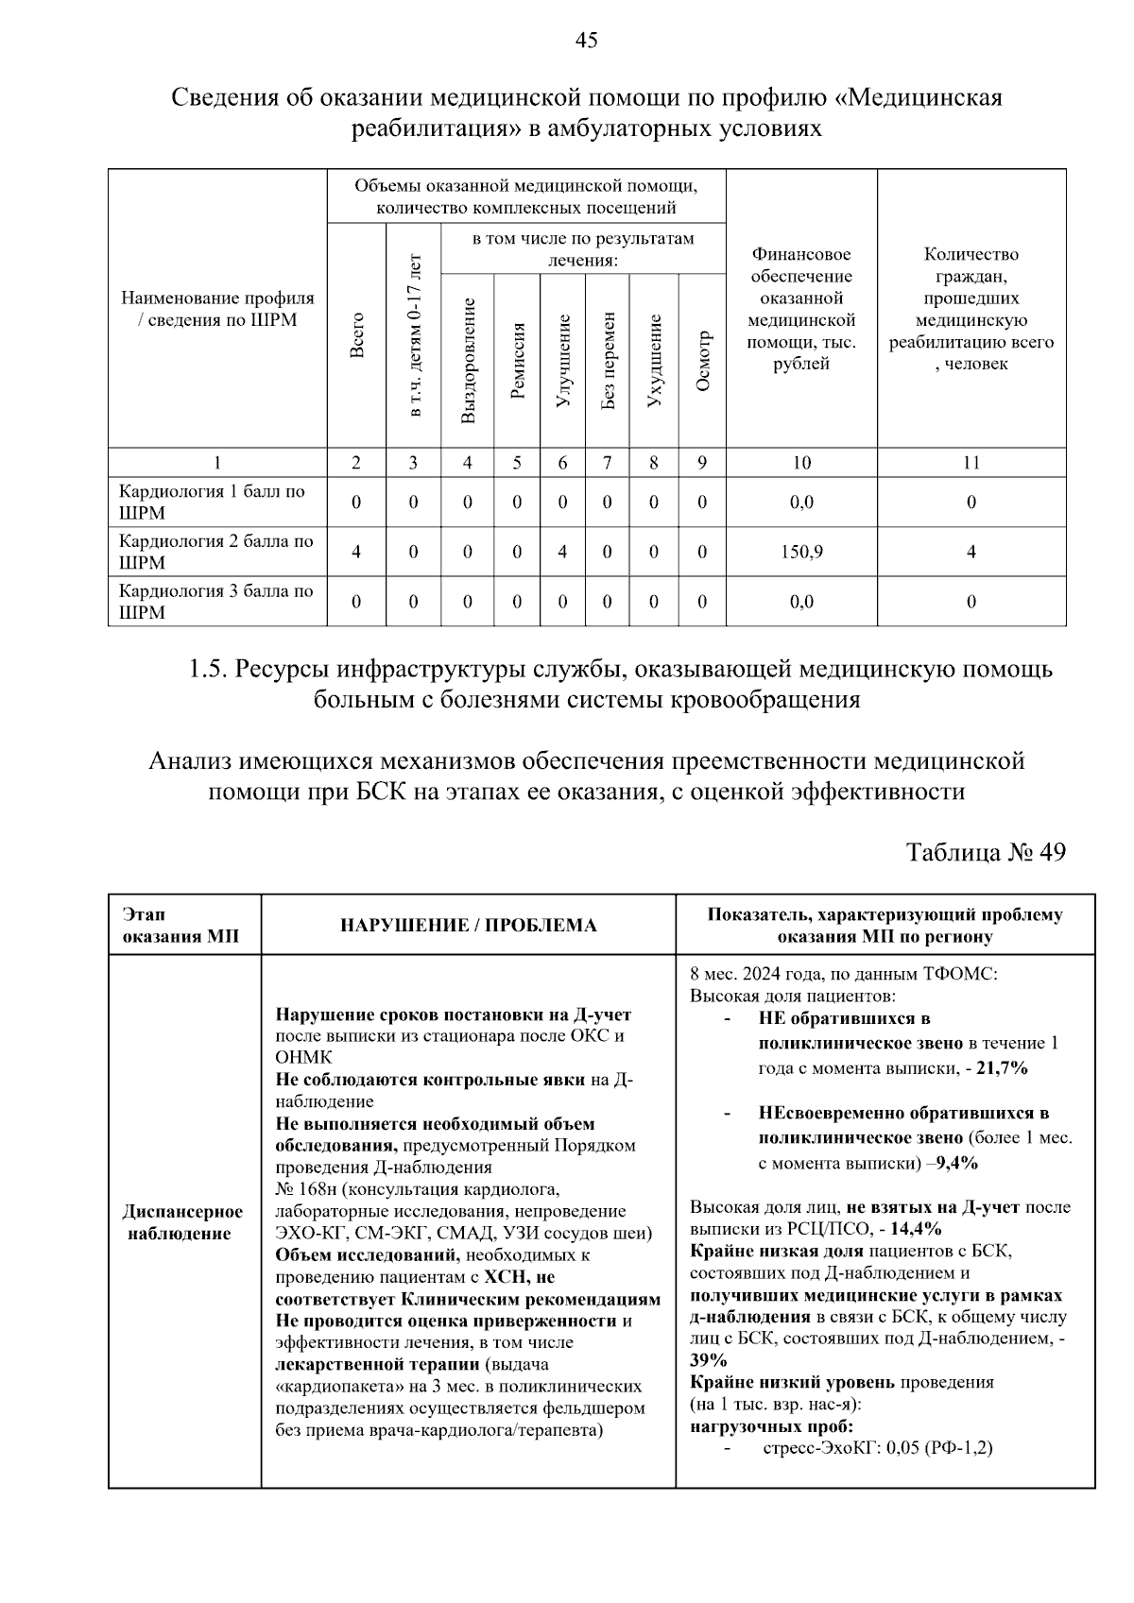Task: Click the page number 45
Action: point(586,40)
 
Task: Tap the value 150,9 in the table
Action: point(800,552)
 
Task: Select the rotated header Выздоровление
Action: point(468,360)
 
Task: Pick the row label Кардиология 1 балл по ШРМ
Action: point(212,502)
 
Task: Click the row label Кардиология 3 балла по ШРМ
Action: point(215,602)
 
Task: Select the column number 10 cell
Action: point(800,463)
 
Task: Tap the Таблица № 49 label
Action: point(986,852)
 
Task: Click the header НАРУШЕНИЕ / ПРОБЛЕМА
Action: point(468,925)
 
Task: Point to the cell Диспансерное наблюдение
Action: point(182,1222)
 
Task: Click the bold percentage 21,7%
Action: point(1001,1068)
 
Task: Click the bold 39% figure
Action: point(708,1360)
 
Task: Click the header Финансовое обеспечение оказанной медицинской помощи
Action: point(800,309)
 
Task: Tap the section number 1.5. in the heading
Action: point(208,670)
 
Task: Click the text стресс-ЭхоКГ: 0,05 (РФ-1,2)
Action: point(877,1447)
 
